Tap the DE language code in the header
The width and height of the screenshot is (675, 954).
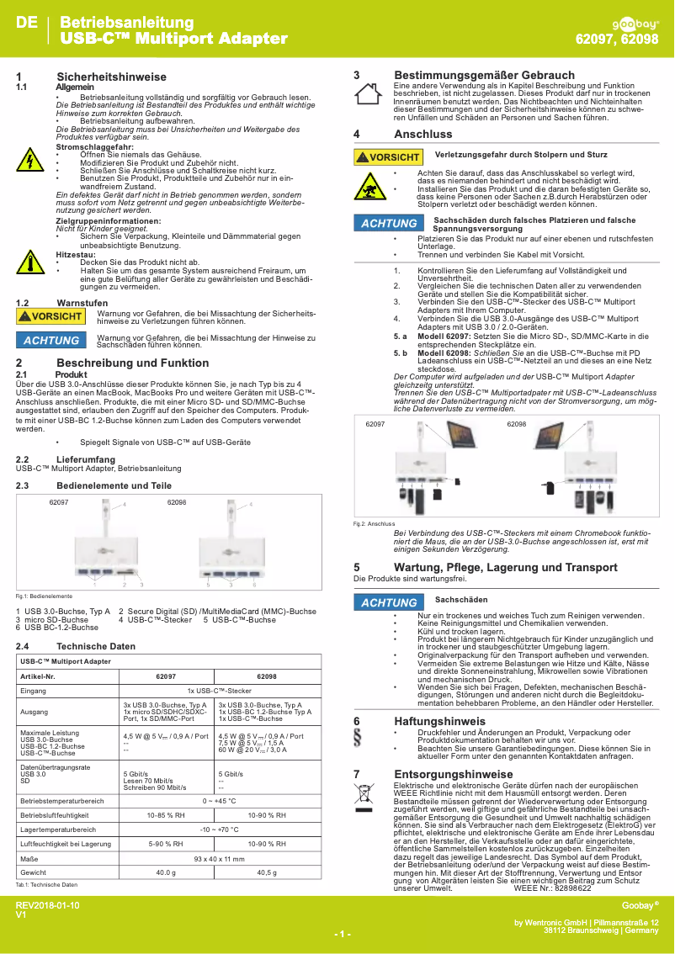(27, 23)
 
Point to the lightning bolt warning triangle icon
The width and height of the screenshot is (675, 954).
(30, 159)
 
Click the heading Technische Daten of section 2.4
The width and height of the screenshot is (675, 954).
(96, 646)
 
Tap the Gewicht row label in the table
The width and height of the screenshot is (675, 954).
(34, 872)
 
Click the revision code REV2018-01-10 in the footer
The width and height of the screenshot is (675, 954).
(48, 904)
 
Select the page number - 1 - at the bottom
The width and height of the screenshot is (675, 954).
(342, 934)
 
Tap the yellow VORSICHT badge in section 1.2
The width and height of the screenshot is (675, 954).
(51, 316)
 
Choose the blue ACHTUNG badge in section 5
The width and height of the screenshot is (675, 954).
(389, 602)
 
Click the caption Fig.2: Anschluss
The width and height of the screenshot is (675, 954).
(369, 523)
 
